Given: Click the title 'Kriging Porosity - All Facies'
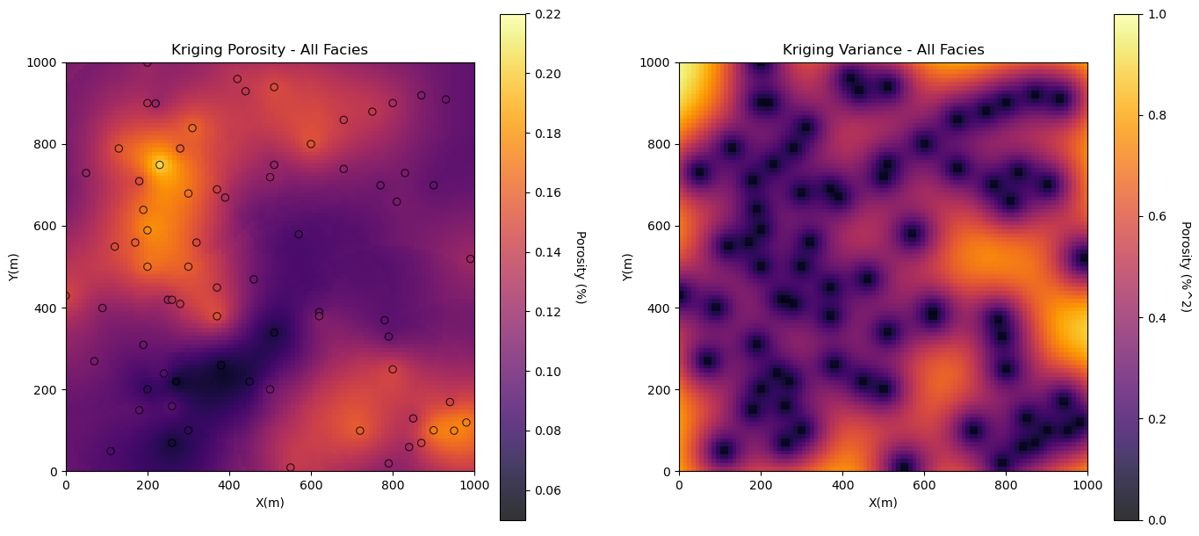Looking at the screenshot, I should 270,50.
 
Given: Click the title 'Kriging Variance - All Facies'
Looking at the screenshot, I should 883,50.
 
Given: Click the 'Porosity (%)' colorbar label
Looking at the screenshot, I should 580,267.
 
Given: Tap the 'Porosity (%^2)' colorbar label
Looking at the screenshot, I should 1186,267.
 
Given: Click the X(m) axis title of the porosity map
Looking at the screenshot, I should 270,503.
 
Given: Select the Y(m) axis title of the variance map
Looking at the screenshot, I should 627,267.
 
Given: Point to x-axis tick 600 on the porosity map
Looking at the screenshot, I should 311,484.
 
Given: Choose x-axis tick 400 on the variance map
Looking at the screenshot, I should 842,484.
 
